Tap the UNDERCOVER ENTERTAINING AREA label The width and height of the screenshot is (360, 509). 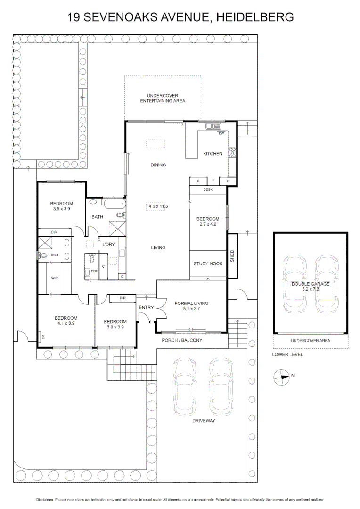tap(163, 98)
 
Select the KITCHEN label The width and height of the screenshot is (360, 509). tap(213, 153)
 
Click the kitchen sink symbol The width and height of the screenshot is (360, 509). tap(213, 126)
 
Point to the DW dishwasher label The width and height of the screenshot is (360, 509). tap(221, 133)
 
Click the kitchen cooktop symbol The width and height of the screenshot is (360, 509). tap(232, 153)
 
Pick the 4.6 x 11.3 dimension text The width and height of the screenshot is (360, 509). tap(158, 206)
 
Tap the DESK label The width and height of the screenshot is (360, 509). tap(208, 189)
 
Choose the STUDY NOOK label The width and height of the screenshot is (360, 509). tap(207, 263)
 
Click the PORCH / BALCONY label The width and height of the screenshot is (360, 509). tap(181, 340)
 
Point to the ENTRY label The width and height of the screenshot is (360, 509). tap(146, 308)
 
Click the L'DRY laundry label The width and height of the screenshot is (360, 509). tap(108, 245)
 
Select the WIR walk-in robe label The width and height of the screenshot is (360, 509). tap(55, 278)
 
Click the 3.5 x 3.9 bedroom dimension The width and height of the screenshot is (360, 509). tap(61, 209)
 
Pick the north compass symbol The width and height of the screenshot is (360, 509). tap(282, 376)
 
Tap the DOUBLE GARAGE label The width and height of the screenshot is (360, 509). tap(310, 284)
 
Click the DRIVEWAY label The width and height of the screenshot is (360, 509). tap(203, 421)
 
